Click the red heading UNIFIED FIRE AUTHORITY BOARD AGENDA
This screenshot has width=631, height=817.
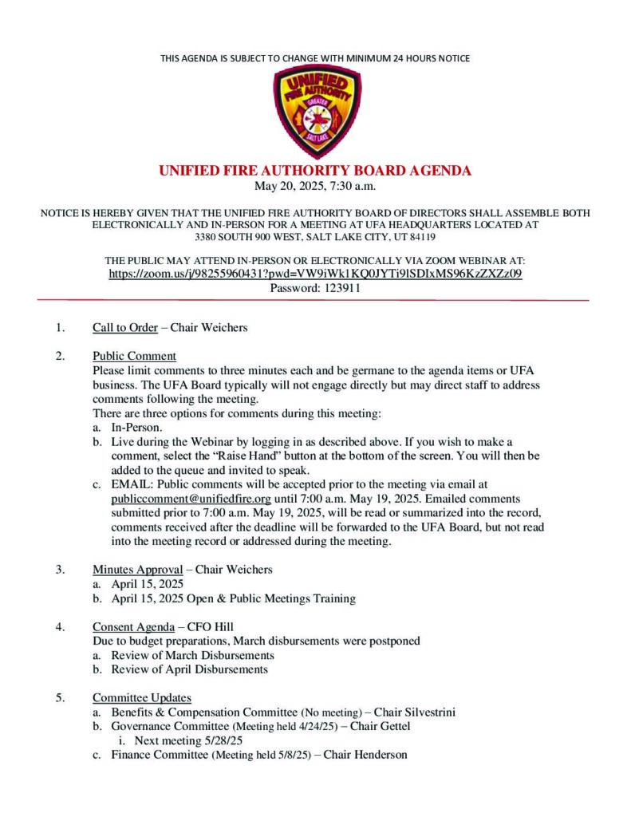pos(315,171)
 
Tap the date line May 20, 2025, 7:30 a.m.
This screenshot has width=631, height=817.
pos(315,187)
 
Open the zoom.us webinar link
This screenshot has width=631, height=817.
pos(315,274)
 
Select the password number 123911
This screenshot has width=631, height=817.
pos(337,288)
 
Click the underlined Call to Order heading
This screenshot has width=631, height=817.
pos(124,328)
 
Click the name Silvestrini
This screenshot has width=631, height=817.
pos(424,712)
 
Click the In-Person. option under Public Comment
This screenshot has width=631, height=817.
pos(136,428)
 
